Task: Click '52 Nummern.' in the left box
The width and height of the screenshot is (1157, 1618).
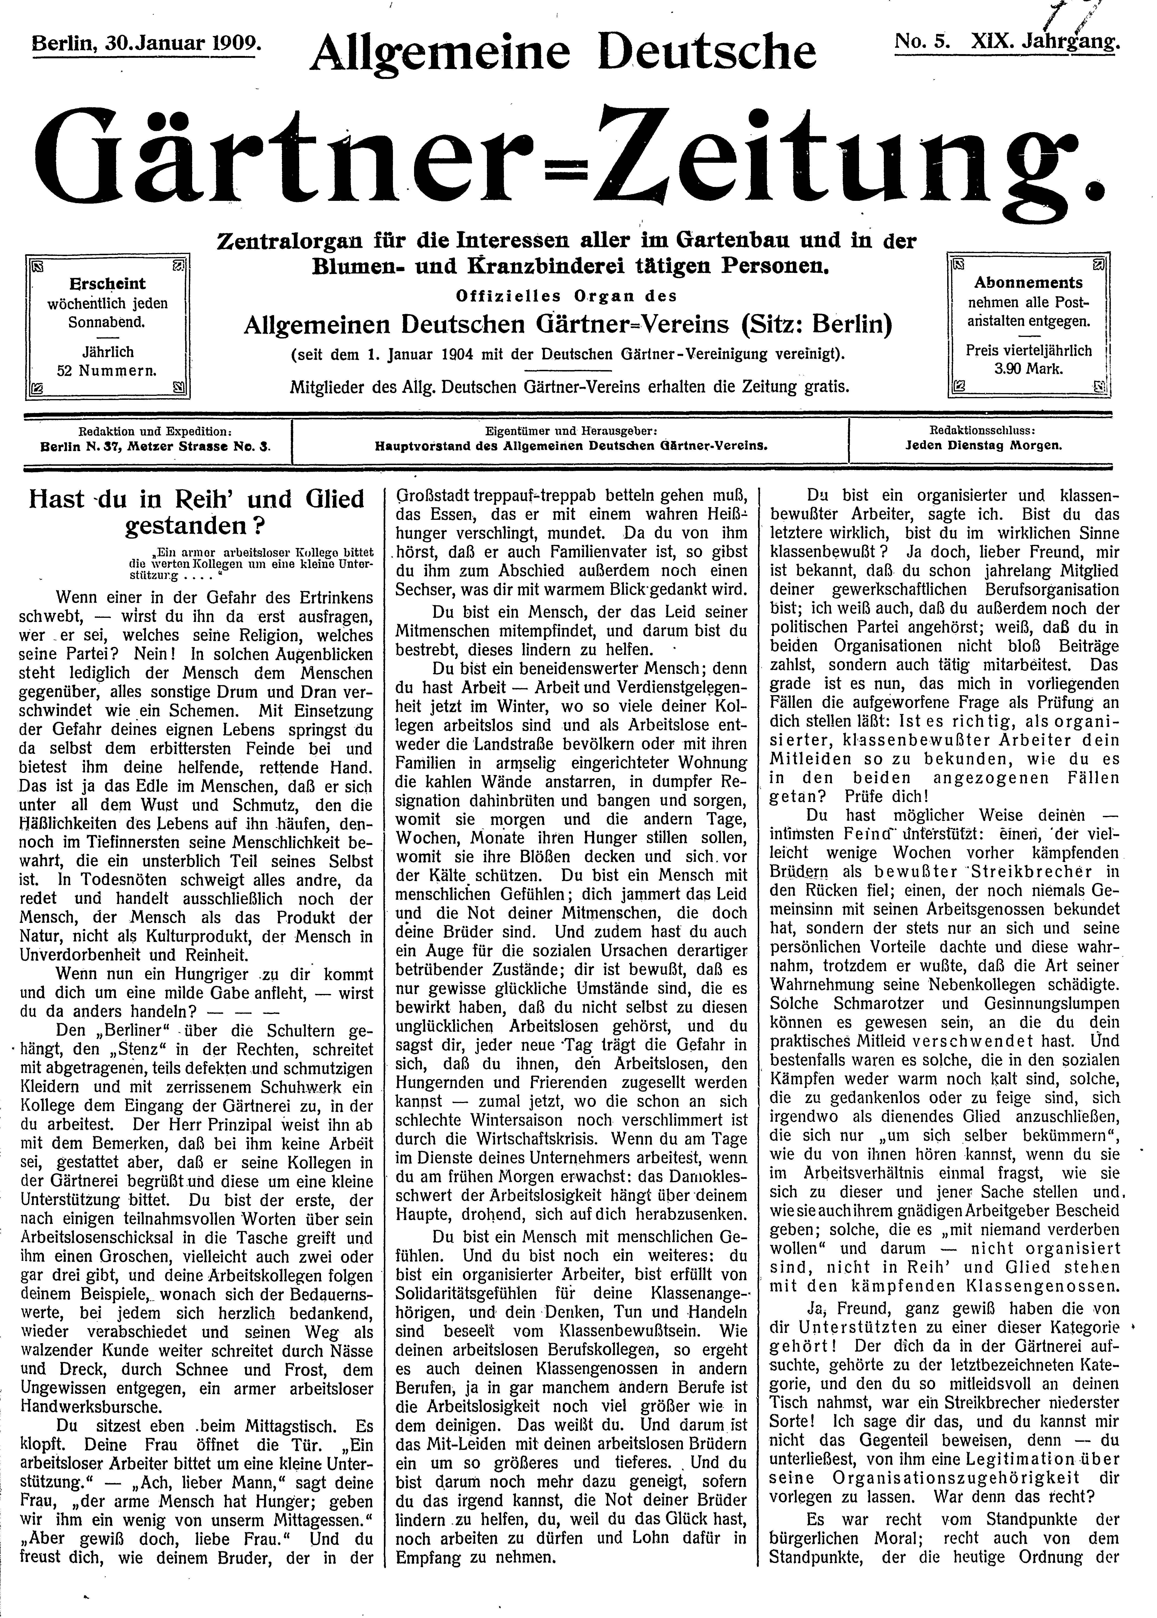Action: coord(107,371)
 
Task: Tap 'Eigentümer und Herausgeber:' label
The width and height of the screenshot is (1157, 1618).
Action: coord(571,431)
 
